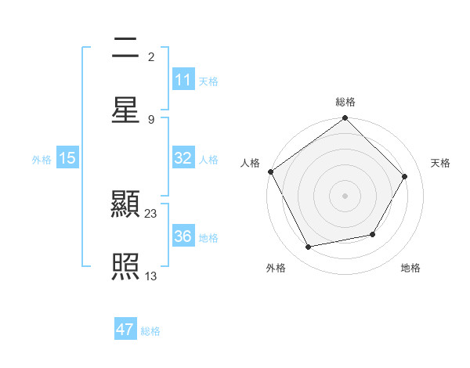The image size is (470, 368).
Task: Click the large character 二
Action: (x=126, y=49)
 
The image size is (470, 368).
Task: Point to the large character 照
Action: (x=126, y=267)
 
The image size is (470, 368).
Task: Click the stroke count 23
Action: (x=151, y=213)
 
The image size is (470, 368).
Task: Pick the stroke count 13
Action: (x=151, y=275)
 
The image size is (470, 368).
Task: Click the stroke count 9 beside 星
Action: (x=151, y=119)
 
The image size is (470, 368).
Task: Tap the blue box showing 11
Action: (x=183, y=80)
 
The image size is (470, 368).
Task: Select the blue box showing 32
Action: (x=183, y=158)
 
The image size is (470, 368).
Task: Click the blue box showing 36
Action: (x=183, y=236)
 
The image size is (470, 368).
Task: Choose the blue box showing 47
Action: (x=125, y=330)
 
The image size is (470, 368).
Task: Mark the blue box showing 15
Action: (x=67, y=158)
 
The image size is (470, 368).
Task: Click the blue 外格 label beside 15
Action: (x=42, y=159)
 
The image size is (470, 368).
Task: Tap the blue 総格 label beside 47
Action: (x=150, y=331)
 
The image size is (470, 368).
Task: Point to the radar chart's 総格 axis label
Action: (x=345, y=102)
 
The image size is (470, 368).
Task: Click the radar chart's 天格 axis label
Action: (x=440, y=163)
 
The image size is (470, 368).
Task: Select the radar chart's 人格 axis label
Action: (x=250, y=163)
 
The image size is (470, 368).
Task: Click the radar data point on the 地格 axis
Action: (x=373, y=234)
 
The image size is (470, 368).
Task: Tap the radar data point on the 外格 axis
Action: (x=309, y=247)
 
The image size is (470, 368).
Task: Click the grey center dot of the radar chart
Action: (x=345, y=195)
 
